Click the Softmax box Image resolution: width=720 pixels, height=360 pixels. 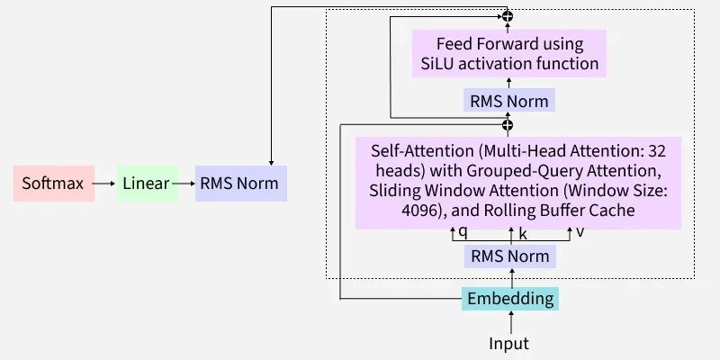[53, 184]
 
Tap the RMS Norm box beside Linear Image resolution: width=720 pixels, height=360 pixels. [239, 184]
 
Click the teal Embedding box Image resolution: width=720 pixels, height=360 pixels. [509, 299]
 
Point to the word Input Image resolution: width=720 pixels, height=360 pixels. [509, 343]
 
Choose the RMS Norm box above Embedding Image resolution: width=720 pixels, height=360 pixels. [509, 256]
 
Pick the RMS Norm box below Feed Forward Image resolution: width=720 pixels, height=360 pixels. [509, 100]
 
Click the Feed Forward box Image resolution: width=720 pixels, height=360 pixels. [509, 53]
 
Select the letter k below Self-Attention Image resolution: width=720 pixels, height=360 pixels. [523, 234]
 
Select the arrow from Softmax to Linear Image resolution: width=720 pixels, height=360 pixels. [104, 184]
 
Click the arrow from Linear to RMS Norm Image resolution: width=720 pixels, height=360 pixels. [185, 184]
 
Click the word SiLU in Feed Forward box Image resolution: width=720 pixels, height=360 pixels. [440, 64]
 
